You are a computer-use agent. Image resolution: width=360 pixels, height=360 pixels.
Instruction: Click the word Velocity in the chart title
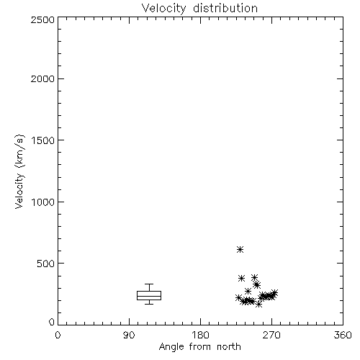click(x=164, y=9)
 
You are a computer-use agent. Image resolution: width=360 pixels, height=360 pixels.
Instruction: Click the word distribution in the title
click(x=225, y=8)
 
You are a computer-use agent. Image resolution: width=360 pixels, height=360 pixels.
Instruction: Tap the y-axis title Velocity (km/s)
click(x=19, y=171)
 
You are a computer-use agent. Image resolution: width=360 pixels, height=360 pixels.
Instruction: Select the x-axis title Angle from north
click(x=199, y=347)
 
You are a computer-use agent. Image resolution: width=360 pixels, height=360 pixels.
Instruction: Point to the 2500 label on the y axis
click(x=42, y=19)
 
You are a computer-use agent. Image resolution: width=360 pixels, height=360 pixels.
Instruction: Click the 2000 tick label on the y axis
click(x=42, y=78)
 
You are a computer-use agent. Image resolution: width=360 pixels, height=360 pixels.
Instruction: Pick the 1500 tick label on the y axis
click(x=43, y=140)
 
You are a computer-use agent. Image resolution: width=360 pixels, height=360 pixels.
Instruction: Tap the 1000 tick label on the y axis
click(x=43, y=202)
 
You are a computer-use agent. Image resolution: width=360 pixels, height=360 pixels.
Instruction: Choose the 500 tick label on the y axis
click(x=46, y=264)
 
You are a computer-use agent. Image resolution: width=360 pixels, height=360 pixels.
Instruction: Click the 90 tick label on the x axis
click(x=129, y=335)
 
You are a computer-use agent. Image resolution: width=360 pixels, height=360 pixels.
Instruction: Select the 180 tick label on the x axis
click(x=200, y=335)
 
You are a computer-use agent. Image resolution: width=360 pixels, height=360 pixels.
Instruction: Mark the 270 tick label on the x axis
click(x=271, y=335)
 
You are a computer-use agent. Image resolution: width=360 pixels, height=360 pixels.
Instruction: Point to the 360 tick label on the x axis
click(x=343, y=335)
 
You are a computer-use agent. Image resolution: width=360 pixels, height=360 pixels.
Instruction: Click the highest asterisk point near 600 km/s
click(x=240, y=250)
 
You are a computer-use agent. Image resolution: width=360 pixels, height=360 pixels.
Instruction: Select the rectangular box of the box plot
click(x=149, y=295)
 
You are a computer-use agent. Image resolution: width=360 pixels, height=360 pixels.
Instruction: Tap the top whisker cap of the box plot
click(x=149, y=284)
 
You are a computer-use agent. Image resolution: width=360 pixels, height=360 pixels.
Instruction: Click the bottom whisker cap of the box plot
click(x=149, y=304)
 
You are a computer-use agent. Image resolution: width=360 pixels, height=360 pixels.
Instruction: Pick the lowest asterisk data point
click(x=258, y=305)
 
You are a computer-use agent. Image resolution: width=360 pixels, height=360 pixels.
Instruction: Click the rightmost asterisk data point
click(x=274, y=293)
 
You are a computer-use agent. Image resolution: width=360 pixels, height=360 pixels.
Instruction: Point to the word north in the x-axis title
click(x=228, y=346)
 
